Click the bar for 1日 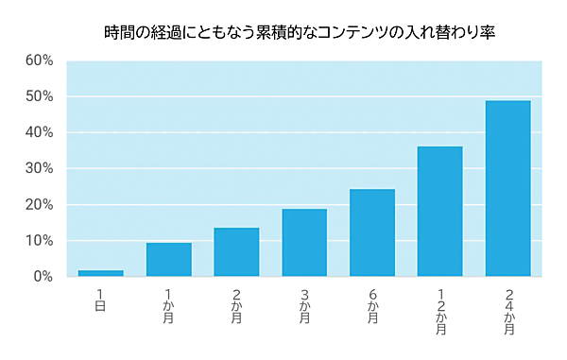[x=100, y=273]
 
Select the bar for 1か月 [x=168, y=260]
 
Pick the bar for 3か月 [x=304, y=243]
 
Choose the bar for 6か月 [x=372, y=233]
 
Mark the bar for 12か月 [x=440, y=212]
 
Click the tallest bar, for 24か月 [x=508, y=189]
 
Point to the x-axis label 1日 [x=100, y=300]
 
